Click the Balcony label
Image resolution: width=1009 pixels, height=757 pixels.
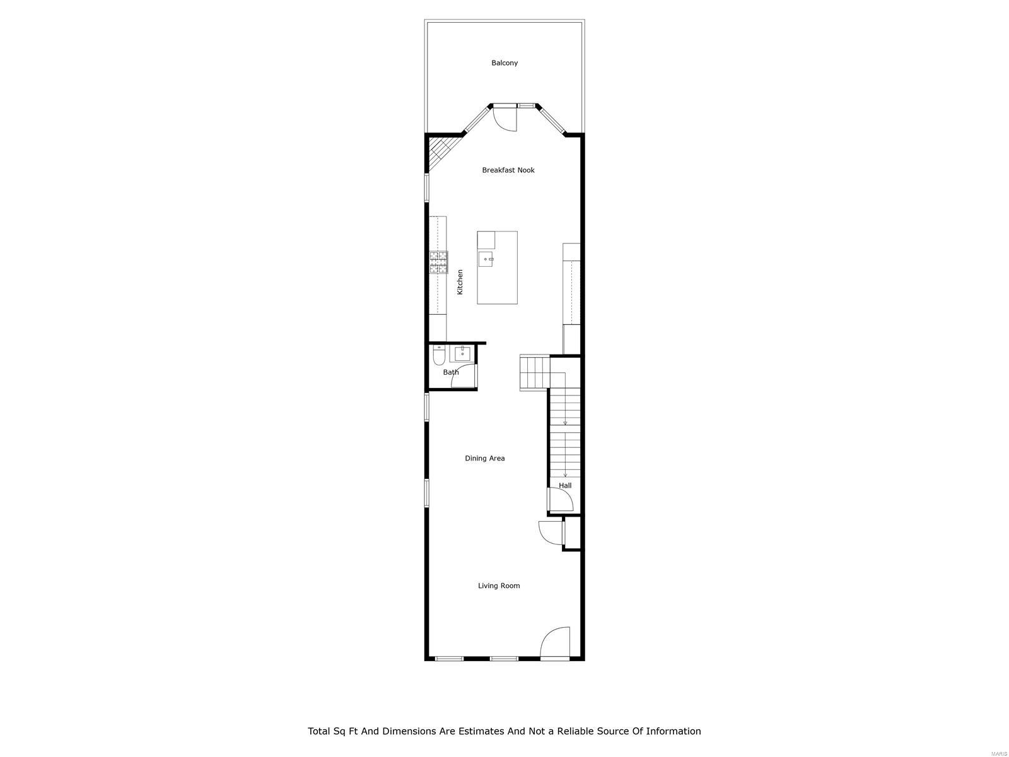[x=504, y=63]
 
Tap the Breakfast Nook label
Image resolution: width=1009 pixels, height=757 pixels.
[x=508, y=170]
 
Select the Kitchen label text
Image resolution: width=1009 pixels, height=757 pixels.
[x=460, y=282]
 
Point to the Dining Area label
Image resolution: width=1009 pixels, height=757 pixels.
[x=485, y=459]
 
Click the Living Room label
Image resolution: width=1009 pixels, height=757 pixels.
[x=499, y=586]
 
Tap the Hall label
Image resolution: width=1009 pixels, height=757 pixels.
[x=565, y=486]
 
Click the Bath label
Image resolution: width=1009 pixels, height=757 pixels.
[x=451, y=372]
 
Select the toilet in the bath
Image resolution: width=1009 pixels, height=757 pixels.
[x=439, y=358]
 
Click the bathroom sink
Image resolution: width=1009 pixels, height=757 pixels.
[x=462, y=353]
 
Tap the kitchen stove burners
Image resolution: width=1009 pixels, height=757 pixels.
[x=439, y=262]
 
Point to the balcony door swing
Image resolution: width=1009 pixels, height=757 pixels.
[x=505, y=119]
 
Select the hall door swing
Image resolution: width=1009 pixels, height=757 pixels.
[x=560, y=500]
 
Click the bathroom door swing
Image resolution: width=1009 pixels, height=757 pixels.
[x=466, y=377]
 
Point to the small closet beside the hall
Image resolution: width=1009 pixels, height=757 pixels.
[x=573, y=533]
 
